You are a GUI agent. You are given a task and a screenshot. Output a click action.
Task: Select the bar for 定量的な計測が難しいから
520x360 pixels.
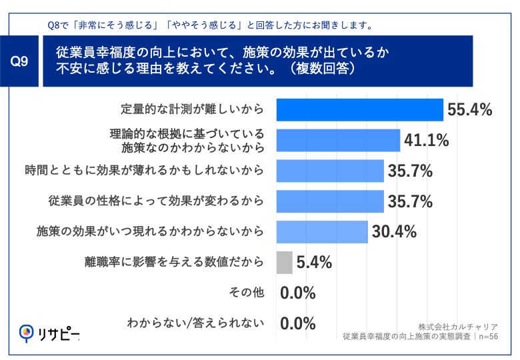point(359,109)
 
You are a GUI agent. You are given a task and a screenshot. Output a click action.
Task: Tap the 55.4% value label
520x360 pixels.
point(470,110)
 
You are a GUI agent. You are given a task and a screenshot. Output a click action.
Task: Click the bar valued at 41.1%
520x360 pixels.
point(337,140)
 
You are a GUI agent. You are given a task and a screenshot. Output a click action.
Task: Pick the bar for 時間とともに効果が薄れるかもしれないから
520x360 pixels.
point(329,171)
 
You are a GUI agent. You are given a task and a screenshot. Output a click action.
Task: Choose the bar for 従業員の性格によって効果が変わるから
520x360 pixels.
point(329,201)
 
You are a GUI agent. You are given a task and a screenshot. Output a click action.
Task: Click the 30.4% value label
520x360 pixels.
point(394,231)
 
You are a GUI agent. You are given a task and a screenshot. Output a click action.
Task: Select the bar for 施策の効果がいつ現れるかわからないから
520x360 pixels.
point(321,231)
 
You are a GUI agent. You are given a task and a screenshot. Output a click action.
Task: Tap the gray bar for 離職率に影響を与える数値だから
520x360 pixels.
point(283,262)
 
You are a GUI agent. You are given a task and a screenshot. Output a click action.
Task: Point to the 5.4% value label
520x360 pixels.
point(313,262)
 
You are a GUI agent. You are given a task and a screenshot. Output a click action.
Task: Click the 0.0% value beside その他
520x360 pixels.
point(297,293)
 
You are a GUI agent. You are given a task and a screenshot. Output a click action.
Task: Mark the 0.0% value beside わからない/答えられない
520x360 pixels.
point(297,323)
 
